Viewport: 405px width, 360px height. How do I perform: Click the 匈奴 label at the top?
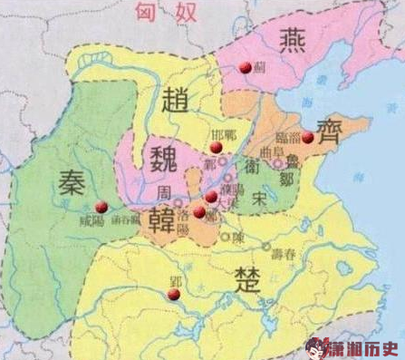pyautogui.click(x=160, y=12)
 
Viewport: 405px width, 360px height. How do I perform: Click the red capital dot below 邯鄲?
pyautogui.click(x=216, y=147)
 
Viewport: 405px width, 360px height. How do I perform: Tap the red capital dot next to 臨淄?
pyautogui.click(x=307, y=138)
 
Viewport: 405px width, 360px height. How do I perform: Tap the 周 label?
pyautogui.click(x=163, y=193)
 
